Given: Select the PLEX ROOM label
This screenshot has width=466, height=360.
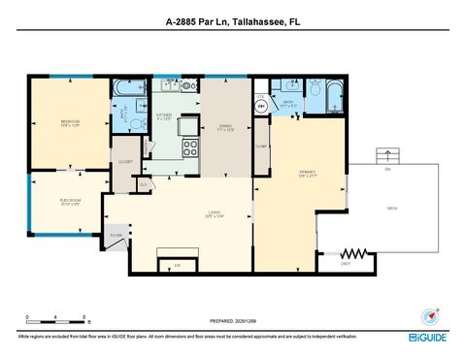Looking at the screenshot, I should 68,203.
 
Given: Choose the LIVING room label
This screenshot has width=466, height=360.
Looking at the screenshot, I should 215,215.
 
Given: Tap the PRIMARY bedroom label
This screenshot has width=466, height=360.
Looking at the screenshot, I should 308,175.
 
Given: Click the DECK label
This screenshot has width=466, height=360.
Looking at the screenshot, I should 392,208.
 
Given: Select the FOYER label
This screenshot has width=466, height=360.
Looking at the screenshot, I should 115,235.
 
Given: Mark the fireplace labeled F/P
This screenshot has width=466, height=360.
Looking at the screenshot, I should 177,263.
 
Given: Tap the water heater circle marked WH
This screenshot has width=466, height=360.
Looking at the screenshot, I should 260,100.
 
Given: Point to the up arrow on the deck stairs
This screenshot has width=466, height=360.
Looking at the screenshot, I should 389,153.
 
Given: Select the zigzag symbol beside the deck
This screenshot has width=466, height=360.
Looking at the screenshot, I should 357,254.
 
